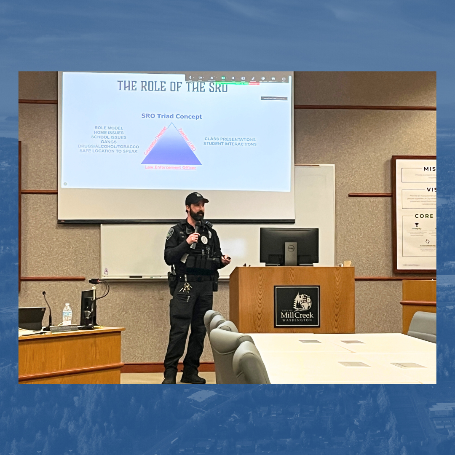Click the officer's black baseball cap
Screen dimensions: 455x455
coord(195,199)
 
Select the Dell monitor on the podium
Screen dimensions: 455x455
coord(289,246)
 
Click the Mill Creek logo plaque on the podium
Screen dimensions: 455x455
coord(297,306)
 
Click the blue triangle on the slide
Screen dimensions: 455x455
coord(171,147)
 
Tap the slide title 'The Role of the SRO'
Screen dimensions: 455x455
coord(172,86)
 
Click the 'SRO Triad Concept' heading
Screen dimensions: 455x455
coord(171,116)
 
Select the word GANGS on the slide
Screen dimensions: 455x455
coord(109,142)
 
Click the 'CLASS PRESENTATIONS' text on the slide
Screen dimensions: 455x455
coord(230,139)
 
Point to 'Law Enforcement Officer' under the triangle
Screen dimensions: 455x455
coord(171,167)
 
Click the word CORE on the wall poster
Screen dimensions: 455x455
coord(424,216)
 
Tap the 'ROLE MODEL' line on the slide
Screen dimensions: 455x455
coord(109,128)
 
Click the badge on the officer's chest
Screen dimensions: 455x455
coord(204,239)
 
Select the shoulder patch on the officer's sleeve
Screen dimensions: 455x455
coord(170,233)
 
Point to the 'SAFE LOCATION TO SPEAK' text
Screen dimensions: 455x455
coord(109,151)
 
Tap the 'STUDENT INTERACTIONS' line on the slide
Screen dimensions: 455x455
coord(230,144)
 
